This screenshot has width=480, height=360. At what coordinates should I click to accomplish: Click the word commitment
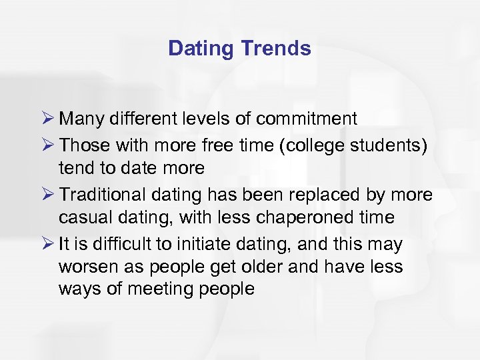pyautogui.click(x=307, y=119)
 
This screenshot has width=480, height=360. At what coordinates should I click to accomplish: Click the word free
pyautogui.click(x=228, y=144)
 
